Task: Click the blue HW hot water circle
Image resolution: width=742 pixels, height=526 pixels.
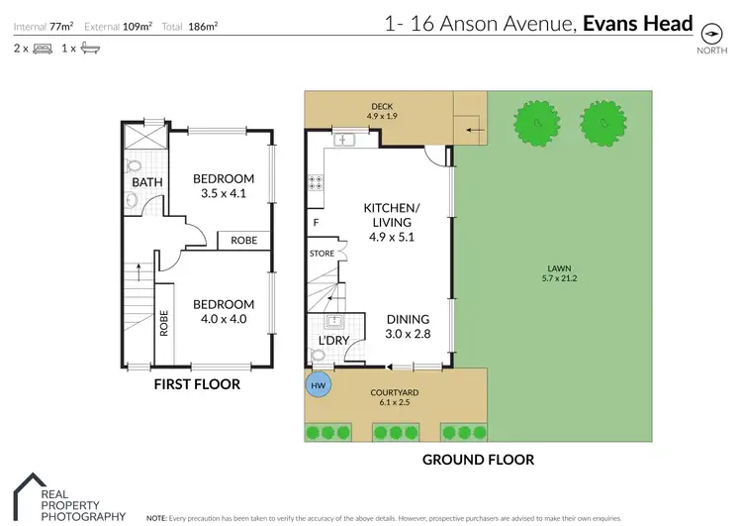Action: (319, 384)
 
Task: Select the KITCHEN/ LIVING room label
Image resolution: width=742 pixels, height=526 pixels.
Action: (392, 215)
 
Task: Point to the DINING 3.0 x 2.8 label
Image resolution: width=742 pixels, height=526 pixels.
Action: (408, 326)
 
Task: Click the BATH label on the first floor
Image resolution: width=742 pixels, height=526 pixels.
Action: (146, 182)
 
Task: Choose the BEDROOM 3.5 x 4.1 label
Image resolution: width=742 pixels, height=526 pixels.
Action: (223, 185)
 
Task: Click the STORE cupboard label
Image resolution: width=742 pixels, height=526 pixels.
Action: (323, 254)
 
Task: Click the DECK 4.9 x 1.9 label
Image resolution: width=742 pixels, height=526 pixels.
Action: (382, 111)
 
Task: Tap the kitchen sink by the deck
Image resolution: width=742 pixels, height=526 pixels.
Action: (343, 140)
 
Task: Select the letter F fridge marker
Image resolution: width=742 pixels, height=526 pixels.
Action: (316, 223)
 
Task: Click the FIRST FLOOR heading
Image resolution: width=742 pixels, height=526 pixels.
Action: (198, 384)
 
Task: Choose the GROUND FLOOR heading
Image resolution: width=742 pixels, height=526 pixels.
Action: (478, 460)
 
